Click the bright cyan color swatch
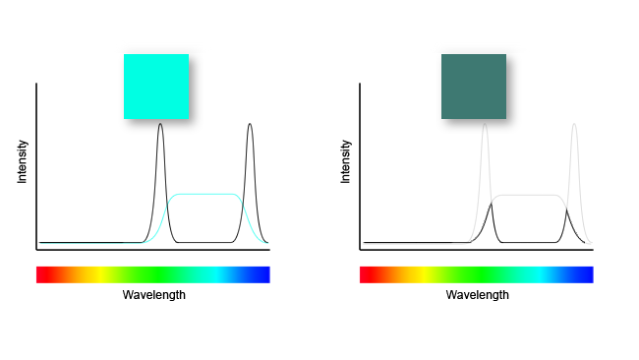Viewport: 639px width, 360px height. pos(155,86)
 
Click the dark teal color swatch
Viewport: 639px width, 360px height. pos(473,86)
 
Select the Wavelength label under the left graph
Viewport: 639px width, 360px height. pos(153,295)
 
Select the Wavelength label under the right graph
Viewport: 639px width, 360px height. pos(477,295)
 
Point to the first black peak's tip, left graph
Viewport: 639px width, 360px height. pos(160,124)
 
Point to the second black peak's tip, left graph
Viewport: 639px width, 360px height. pos(250,124)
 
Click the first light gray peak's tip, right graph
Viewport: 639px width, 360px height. pos(484,124)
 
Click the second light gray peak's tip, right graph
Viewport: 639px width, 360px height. pos(574,124)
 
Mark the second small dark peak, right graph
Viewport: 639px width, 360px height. pos(567,209)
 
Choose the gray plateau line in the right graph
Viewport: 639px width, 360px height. pos(529,195)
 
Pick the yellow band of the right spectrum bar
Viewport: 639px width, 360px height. pos(420,274)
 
